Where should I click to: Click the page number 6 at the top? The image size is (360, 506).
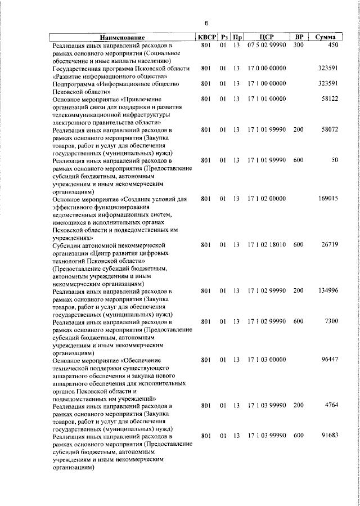tap(206, 23)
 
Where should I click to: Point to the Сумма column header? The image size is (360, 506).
tap(326, 37)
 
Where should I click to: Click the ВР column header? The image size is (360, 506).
tap(299, 37)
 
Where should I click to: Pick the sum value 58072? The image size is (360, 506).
tap(328, 129)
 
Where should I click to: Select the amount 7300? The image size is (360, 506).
tap(330, 321)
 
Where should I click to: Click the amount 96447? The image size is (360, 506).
tap(328, 359)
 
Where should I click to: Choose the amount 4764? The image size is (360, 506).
tap(330, 405)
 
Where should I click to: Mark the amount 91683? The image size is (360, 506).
tap(328, 436)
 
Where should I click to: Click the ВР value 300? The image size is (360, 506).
tap(298, 44)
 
